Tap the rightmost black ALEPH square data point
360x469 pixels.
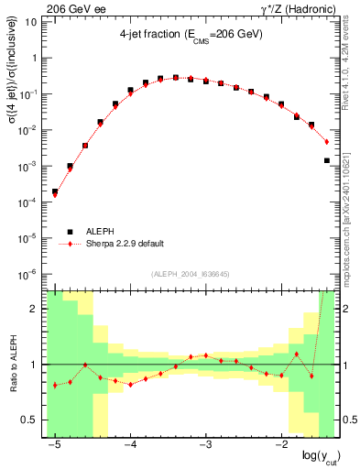(327, 160)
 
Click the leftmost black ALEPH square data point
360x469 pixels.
(55, 192)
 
